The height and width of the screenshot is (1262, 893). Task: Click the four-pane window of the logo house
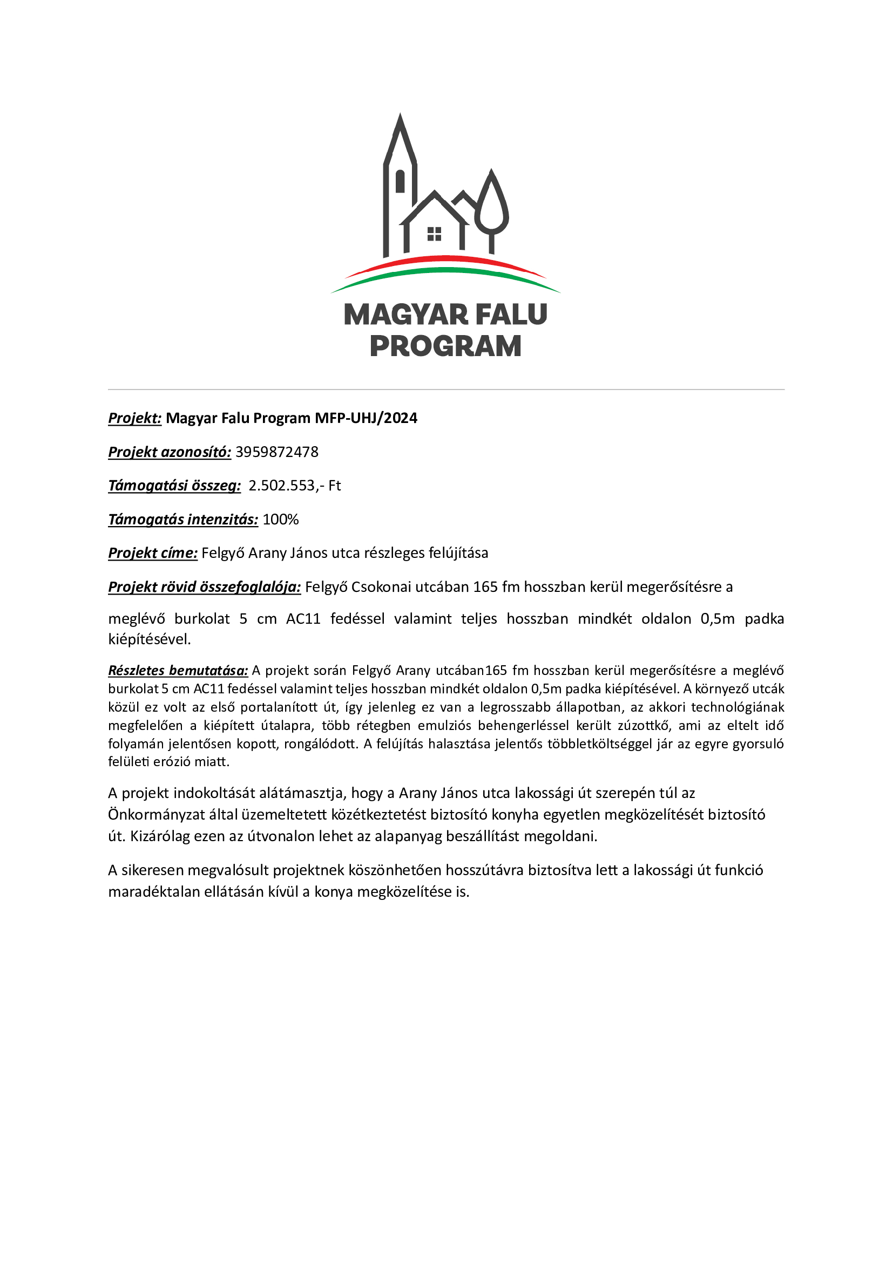435,234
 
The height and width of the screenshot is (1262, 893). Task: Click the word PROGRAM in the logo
445,346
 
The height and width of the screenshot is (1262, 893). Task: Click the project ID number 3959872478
276,452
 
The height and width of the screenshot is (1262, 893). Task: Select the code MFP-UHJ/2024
366,418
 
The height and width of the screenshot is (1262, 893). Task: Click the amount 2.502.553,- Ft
295,486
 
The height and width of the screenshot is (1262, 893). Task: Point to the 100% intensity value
280,520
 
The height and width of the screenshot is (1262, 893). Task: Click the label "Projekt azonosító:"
170,452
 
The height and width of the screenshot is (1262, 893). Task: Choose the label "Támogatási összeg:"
174,486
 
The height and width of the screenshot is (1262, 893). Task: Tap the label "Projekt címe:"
152,553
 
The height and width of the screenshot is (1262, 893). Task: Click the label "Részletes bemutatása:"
178,671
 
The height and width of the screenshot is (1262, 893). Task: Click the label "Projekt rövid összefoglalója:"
204,587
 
